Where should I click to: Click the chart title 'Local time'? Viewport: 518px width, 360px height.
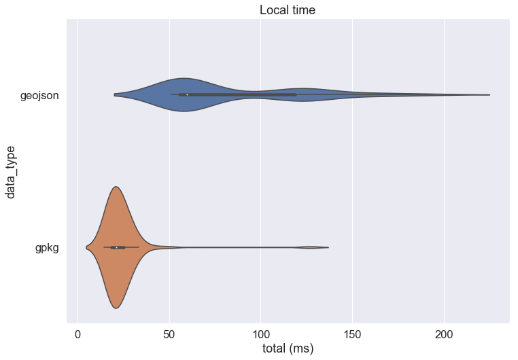tap(288, 10)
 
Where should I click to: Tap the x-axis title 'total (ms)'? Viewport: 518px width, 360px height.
tap(288, 348)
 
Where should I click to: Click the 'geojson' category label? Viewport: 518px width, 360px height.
tap(39, 96)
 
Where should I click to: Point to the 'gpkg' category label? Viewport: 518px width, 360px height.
tap(47, 248)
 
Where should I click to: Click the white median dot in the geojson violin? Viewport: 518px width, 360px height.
tap(187, 95)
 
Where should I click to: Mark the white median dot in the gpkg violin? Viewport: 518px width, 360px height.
tap(117, 247)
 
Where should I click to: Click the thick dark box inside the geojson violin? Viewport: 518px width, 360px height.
tap(238, 95)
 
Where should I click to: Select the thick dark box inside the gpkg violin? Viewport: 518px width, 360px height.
tap(118, 247)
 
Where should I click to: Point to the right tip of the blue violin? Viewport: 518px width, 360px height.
tap(489, 95)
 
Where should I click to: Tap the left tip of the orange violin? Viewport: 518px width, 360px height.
tap(86, 247)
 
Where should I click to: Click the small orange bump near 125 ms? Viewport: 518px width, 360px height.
tap(310, 247)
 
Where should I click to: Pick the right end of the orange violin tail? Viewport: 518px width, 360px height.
tap(328, 247)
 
